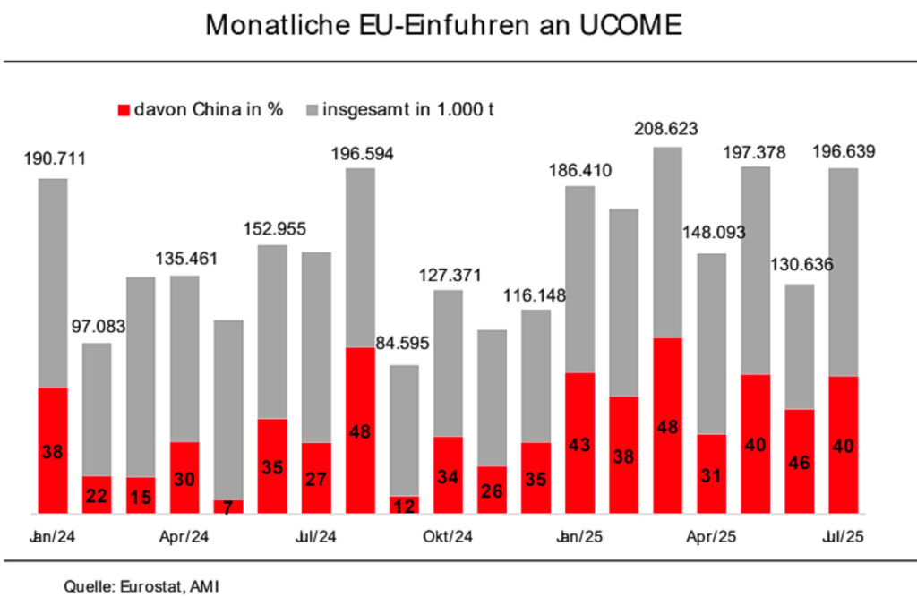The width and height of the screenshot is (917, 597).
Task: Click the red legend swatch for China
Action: [124, 110]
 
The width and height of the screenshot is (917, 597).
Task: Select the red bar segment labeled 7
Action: [227, 507]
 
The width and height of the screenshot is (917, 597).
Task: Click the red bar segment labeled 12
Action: [404, 505]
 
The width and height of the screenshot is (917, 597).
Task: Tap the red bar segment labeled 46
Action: [799, 461]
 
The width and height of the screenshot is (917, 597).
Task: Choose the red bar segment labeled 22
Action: [97, 494]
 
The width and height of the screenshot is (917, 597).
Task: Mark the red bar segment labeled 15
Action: [141, 495]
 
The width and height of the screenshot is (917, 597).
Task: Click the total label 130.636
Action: [799, 266]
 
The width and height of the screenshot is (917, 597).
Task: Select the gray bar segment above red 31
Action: [711, 344]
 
